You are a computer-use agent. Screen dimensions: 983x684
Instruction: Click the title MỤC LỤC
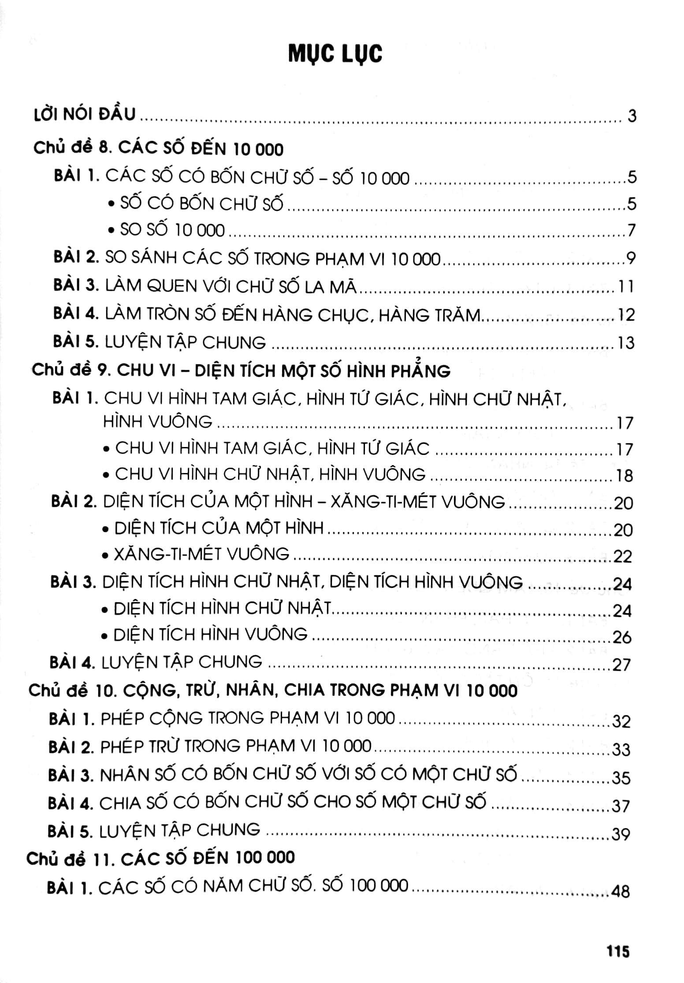click(x=335, y=54)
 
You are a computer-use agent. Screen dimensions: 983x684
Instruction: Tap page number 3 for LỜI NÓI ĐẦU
click(x=632, y=116)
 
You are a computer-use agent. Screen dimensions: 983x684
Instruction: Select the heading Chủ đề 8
click(x=158, y=149)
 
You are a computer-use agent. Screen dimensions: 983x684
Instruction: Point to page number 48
click(x=621, y=891)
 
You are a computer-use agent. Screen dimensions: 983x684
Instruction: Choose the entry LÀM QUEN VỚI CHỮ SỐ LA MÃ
click(x=230, y=287)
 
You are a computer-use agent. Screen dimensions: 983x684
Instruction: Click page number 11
click(x=626, y=287)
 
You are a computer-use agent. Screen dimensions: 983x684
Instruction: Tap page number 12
click(x=626, y=315)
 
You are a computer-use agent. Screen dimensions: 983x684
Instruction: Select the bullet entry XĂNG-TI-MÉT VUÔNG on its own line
click(x=201, y=554)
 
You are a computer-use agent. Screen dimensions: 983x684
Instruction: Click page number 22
click(x=623, y=557)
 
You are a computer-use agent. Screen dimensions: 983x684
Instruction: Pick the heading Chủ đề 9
click(x=241, y=371)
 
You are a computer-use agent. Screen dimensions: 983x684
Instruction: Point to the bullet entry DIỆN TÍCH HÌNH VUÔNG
click(x=210, y=635)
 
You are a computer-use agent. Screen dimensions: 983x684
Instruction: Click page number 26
click(x=622, y=637)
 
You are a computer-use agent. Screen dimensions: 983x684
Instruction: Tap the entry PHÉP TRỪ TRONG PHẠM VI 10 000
click(x=236, y=746)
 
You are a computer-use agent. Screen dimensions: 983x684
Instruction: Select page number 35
click(x=621, y=778)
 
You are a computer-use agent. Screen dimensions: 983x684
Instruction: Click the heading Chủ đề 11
click(x=160, y=858)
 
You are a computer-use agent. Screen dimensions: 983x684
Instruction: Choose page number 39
click(x=621, y=834)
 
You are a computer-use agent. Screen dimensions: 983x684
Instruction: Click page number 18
click(x=625, y=476)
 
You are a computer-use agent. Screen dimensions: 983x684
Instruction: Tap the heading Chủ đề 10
click(x=272, y=691)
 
